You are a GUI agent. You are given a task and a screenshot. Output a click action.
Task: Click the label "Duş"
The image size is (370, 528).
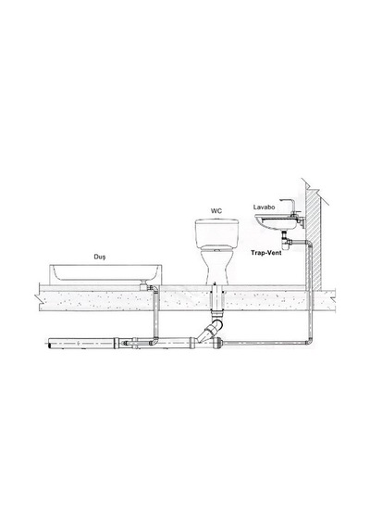pyautogui.click(x=99, y=257)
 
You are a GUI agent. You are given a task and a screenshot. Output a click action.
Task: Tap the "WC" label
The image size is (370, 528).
pyautogui.click(x=216, y=211)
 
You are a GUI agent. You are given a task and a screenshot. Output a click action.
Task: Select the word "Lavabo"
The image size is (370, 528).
pyautogui.click(x=264, y=207)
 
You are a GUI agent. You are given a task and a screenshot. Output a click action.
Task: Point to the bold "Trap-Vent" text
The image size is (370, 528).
pyautogui.click(x=266, y=253)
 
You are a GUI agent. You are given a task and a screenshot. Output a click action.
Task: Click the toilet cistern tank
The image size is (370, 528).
pyautogui.click(x=217, y=233)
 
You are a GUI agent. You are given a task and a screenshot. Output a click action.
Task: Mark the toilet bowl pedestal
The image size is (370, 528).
pyautogui.click(x=216, y=267)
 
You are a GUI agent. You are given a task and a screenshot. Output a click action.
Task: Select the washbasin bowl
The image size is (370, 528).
pyautogui.click(x=276, y=222)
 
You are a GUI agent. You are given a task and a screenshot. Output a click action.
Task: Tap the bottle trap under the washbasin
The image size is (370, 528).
pyautogui.click(x=286, y=242)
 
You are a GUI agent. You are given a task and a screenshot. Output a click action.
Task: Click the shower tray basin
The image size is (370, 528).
pyautogui.click(x=105, y=272)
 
